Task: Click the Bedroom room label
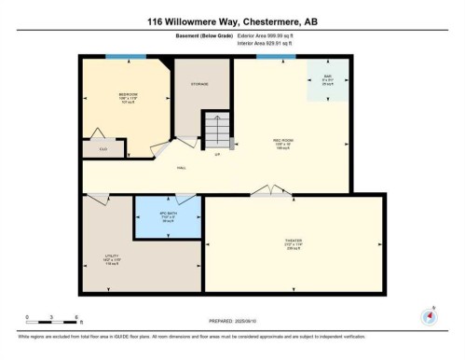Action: (x=128, y=94)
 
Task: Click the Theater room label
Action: (x=293, y=242)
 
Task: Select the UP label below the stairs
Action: (x=217, y=154)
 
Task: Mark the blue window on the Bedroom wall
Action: (x=118, y=57)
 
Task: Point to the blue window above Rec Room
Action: (x=269, y=57)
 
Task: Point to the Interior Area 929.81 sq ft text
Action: (x=268, y=43)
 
